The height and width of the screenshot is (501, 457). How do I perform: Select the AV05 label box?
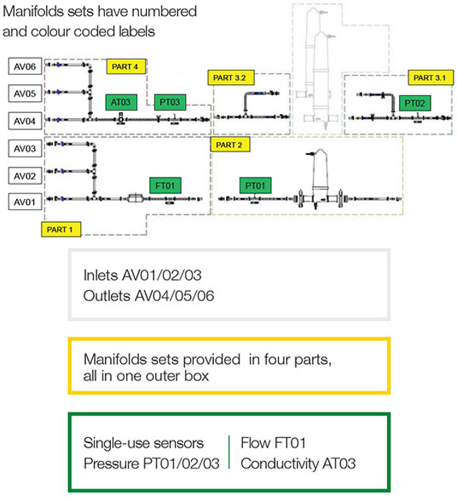click(25, 94)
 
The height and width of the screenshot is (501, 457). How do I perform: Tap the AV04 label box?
click(25, 120)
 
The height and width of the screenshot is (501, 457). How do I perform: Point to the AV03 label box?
click(25, 148)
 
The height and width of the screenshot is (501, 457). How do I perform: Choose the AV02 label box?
click(25, 175)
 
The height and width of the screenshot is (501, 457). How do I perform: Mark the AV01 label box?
click(25, 203)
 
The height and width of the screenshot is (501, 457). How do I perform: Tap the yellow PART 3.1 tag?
click(429, 77)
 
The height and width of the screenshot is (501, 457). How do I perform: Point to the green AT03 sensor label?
click(120, 101)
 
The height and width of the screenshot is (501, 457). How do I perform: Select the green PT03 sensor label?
click(170, 101)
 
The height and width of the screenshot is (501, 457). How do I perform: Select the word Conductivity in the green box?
click(273, 464)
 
